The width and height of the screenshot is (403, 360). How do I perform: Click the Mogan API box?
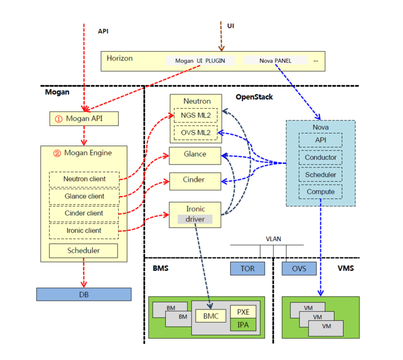84,119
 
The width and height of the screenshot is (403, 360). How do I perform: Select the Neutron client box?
84,179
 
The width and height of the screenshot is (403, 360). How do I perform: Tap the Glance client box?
84,196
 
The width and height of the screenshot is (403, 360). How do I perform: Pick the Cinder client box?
84,213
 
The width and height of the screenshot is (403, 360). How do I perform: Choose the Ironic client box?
84,231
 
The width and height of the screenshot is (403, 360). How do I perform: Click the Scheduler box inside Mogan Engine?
83,250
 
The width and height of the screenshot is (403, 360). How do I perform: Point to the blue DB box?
83,294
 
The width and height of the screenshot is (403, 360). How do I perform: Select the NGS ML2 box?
196,116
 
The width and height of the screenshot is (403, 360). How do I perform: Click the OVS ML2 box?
196,133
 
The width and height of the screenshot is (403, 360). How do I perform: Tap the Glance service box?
195,155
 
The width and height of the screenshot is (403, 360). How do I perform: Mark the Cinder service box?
195,180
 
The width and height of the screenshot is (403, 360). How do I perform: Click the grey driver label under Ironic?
195,219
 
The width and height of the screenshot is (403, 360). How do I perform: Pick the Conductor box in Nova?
321,157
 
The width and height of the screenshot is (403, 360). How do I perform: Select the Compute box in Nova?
321,192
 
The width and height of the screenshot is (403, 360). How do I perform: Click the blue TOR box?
247,268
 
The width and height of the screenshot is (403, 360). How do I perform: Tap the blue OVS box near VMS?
299,268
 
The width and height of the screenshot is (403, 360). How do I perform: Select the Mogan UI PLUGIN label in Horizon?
200,60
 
